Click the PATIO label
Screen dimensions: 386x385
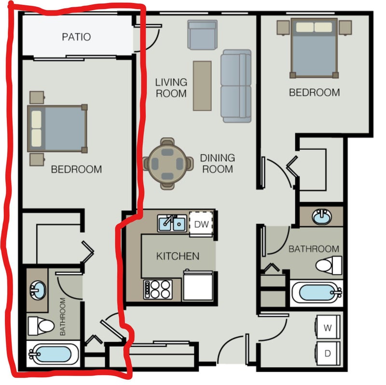[x=76, y=37]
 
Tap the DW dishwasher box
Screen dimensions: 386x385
[x=201, y=224]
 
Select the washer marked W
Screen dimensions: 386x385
[x=328, y=327]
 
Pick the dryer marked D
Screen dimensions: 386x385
[x=328, y=354]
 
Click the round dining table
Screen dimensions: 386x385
[x=167, y=164]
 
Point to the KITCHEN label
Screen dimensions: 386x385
[x=178, y=256]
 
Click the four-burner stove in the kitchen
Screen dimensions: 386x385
[x=158, y=290]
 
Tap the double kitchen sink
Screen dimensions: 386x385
[x=172, y=223]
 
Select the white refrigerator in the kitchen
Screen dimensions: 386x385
[x=198, y=286]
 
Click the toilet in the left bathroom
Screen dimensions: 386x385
[x=41, y=326]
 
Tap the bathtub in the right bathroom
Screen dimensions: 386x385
[x=317, y=293]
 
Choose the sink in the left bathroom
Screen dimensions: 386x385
[x=38, y=290]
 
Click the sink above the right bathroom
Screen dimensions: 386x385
[x=322, y=217]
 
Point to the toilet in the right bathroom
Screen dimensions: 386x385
[x=329, y=265]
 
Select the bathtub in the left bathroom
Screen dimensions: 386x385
[x=53, y=354]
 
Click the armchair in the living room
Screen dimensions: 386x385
[x=202, y=35]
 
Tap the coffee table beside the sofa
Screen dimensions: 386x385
[x=202, y=86]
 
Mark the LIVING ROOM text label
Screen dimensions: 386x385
[x=171, y=88]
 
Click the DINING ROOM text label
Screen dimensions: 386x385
[x=218, y=164]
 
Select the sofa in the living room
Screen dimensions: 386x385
[x=236, y=86]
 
